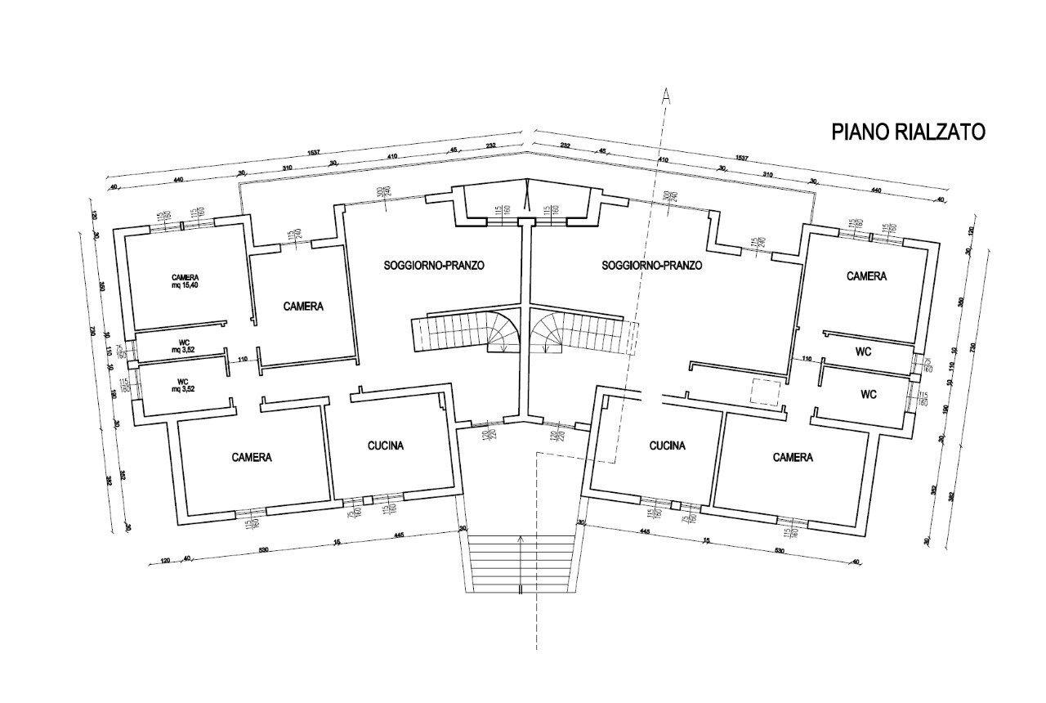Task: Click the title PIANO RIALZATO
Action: click(908, 132)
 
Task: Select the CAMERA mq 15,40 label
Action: click(186, 282)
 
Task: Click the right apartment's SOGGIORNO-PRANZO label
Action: click(651, 266)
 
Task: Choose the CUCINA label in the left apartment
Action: click(386, 446)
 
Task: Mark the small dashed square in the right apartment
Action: click(766, 393)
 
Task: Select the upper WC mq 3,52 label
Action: click(182, 346)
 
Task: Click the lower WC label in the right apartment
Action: click(869, 394)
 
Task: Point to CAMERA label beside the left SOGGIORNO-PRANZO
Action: click(304, 307)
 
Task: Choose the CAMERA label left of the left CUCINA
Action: click(251, 457)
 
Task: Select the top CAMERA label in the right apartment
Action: click(866, 276)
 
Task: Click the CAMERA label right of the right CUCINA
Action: click(793, 457)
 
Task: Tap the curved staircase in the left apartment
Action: click(466, 333)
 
